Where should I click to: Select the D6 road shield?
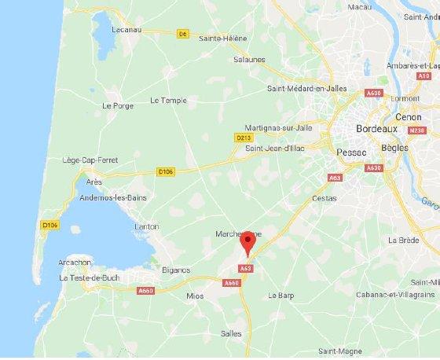183,34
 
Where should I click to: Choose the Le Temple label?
168,100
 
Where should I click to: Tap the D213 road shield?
243,138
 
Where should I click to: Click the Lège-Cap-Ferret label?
90,160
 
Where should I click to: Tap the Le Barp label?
280,296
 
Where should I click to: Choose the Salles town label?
231,333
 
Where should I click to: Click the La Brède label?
402,240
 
